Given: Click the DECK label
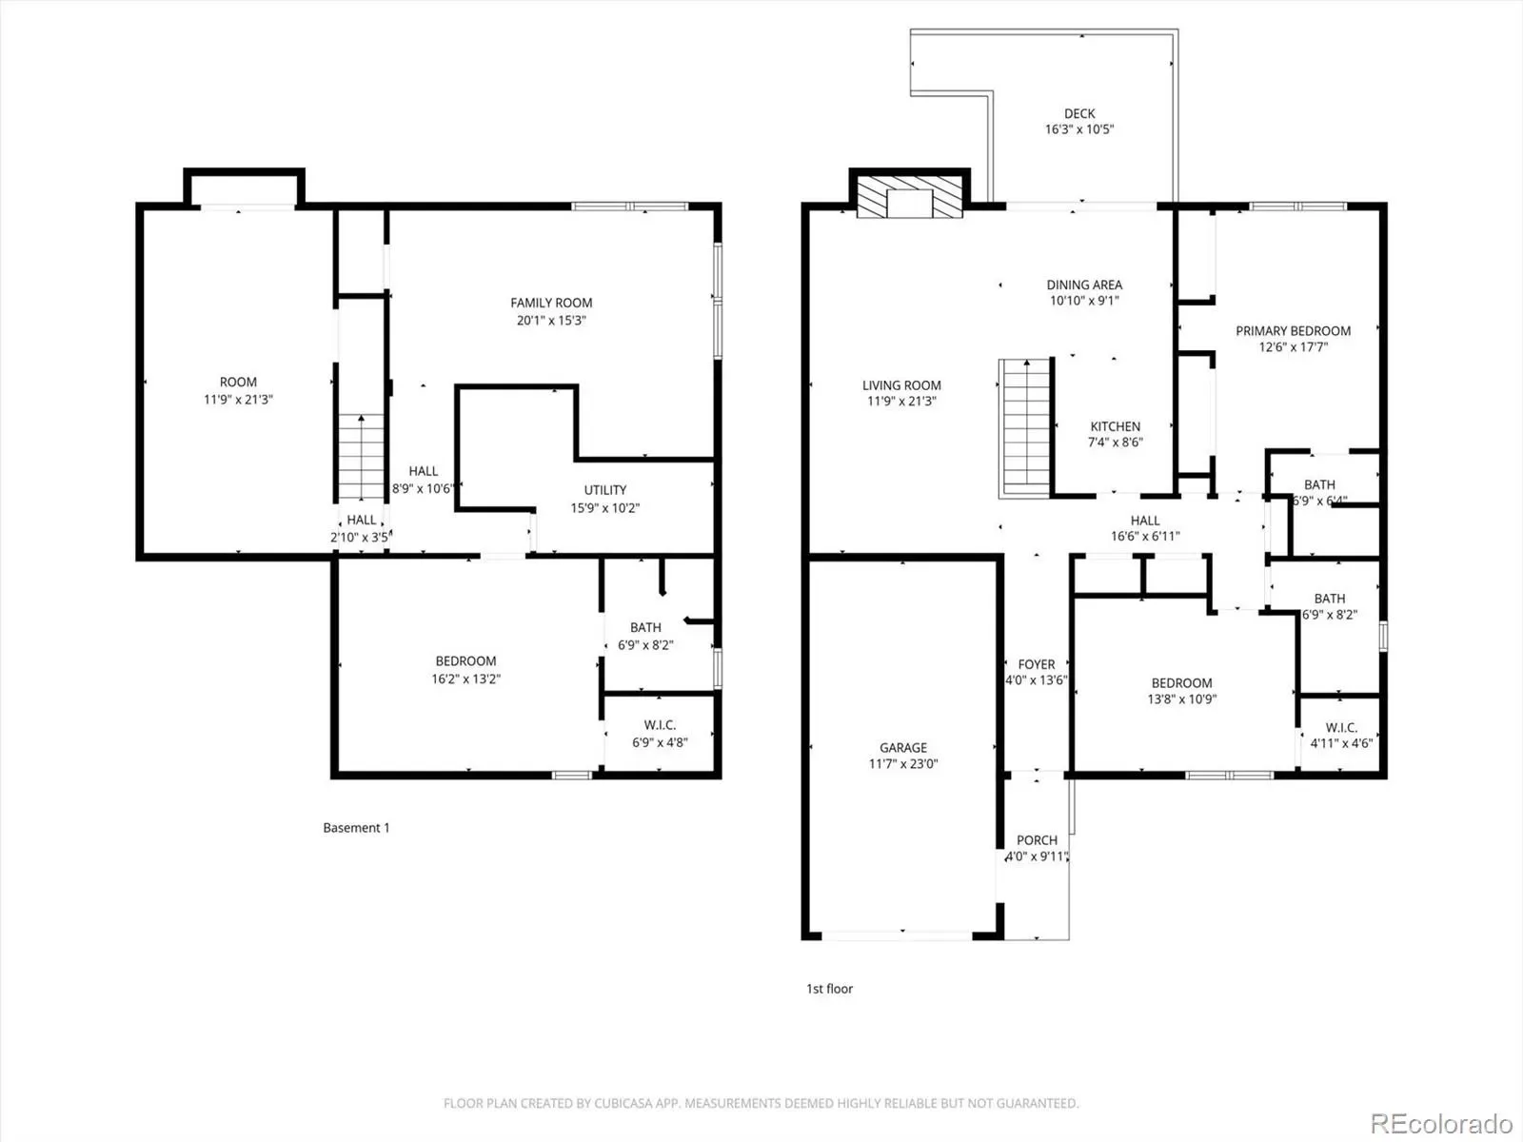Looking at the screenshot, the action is coord(1079,113).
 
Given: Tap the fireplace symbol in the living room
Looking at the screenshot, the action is coord(910,197).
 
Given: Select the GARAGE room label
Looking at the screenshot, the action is coord(902,747).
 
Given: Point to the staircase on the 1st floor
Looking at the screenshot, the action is coord(1025,428).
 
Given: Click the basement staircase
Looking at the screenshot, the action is coord(361,456).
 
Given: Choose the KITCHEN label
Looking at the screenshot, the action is coord(1115,426).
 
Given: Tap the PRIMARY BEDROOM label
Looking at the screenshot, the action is coord(1294,331).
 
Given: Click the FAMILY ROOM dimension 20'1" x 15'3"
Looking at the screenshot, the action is coord(551,321).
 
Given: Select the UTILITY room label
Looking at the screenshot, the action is coord(605,490).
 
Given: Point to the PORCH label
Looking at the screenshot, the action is coord(1038,840).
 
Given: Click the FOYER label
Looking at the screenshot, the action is coord(1037,664).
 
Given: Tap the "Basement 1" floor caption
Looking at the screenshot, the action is coord(357,828).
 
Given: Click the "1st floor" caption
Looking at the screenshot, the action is coord(829,989).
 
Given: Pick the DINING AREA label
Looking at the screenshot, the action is coord(1084,285).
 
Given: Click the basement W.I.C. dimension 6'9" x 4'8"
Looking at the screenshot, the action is coord(660,742).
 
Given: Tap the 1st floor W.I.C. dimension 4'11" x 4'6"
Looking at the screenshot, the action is coord(1341,744).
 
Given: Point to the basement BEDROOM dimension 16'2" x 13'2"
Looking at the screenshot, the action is coord(466,679).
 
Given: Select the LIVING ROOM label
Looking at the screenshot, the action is coord(902,385).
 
